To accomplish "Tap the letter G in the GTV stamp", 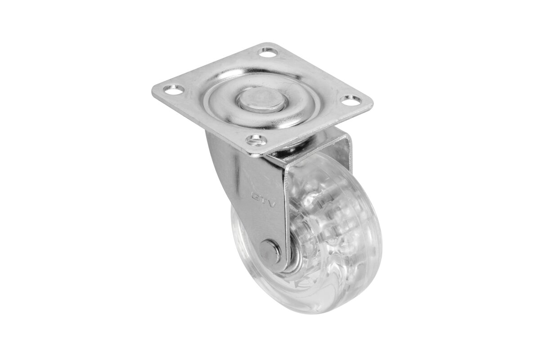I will pyautogui.click(x=254, y=195).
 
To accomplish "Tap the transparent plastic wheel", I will pyautogui.click(x=315, y=234).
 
